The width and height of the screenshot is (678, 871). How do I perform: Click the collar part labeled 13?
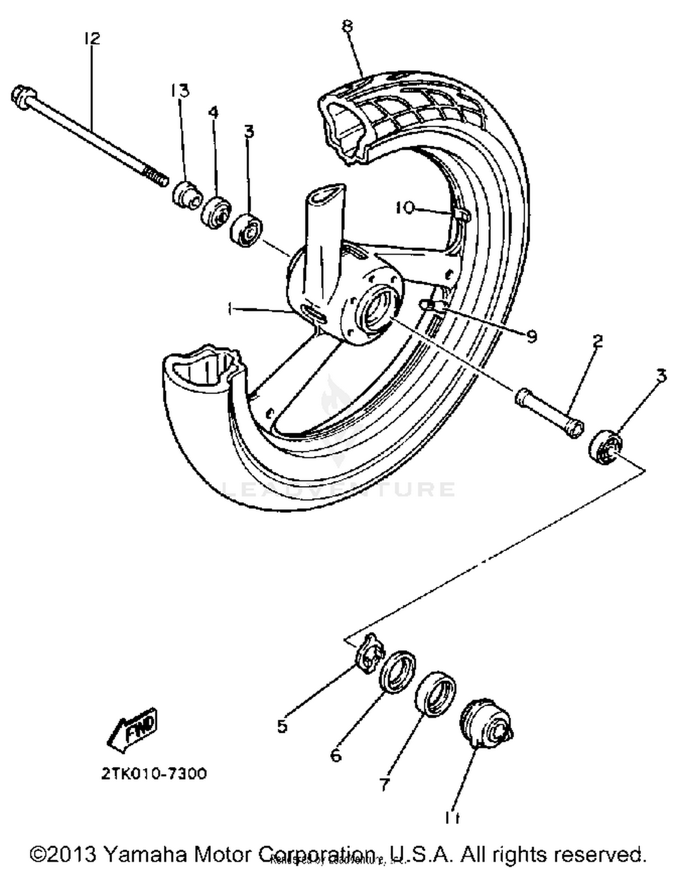click(x=187, y=195)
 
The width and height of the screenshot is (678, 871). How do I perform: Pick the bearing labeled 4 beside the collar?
click(x=216, y=212)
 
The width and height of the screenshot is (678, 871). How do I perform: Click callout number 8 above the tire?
click(x=347, y=27)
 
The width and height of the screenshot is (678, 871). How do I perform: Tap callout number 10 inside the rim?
click(x=405, y=208)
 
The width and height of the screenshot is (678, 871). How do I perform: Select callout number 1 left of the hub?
click(x=231, y=309)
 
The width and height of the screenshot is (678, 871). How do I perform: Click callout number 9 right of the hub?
click(x=532, y=336)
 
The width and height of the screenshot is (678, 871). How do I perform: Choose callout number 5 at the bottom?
click(x=282, y=726)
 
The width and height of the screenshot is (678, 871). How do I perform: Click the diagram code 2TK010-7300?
click(x=154, y=773)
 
